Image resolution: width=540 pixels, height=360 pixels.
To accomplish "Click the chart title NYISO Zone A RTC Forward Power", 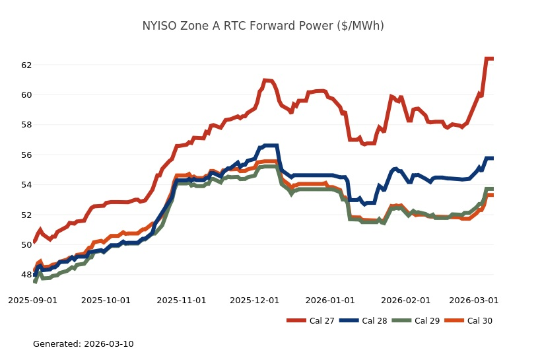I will [263, 26].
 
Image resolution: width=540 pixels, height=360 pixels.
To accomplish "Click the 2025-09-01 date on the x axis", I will [32, 300].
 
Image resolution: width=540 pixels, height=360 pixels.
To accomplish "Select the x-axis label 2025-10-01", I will [106, 300].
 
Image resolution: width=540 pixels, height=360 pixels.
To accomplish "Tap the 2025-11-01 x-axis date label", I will [182, 300].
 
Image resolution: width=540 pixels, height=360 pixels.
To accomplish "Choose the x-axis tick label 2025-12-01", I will [255, 300].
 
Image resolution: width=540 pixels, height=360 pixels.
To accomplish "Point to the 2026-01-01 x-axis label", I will [331, 300].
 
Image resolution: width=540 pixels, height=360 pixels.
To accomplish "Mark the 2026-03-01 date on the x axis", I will [474, 300].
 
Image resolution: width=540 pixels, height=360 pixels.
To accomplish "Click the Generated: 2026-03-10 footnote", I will [83, 344].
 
